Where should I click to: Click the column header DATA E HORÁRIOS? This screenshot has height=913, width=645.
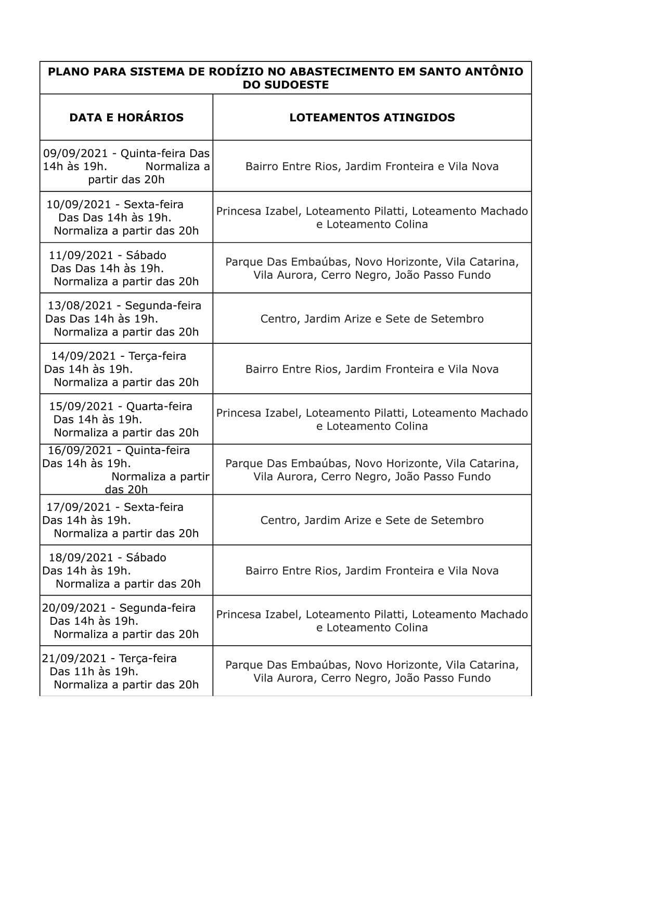click(126, 118)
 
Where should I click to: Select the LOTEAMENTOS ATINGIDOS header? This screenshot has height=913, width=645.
click(372, 118)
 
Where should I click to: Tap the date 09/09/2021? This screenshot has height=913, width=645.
click(75, 153)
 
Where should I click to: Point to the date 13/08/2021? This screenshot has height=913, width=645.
click(80, 306)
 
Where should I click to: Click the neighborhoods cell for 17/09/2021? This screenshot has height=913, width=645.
click(372, 520)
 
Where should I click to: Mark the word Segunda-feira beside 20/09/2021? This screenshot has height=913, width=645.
click(157, 608)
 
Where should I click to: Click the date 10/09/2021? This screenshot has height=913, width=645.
click(79, 204)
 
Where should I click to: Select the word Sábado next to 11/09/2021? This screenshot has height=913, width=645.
click(146, 255)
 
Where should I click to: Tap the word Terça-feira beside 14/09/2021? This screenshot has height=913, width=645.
click(157, 356)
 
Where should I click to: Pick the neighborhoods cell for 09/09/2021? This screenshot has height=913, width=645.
click(372, 166)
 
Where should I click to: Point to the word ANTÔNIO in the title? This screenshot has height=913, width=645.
click(491, 72)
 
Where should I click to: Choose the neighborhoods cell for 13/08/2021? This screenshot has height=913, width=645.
click(372, 319)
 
